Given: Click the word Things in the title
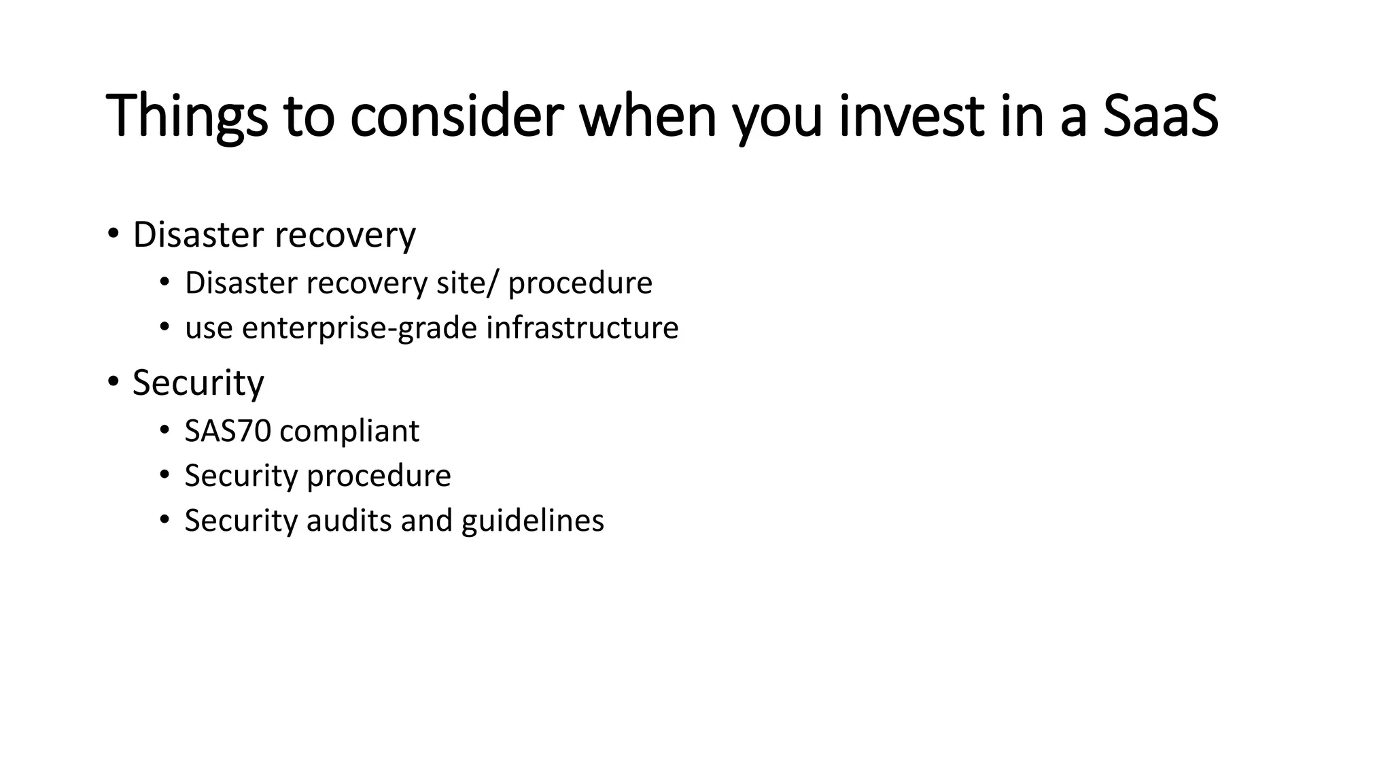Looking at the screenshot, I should tap(186, 116).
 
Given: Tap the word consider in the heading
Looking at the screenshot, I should tap(456, 116).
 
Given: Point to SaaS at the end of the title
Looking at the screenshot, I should tap(1160, 116).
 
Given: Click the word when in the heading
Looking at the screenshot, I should tap(648, 116).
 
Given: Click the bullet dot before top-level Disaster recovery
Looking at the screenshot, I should tap(113, 234).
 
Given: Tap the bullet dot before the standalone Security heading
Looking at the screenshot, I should tap(113, 381).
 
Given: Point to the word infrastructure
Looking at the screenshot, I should tap(582, 328).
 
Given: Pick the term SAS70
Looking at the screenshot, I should tap(228, 431).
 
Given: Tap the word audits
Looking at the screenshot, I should tap(349, 521).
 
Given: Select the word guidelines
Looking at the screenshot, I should tap(532, 521).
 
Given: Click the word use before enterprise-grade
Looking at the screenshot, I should tap(209, 329).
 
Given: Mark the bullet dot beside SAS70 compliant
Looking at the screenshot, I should tap(164, 430).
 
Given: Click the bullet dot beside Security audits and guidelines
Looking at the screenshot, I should tap(164, 520).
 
